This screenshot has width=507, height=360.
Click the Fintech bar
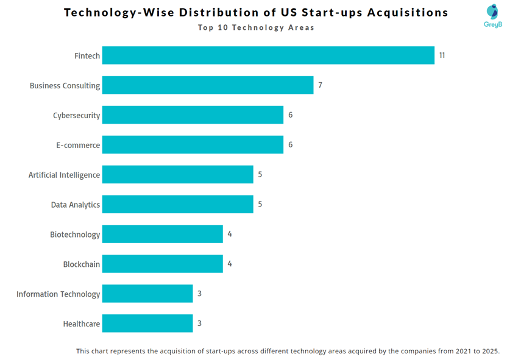point(268,55)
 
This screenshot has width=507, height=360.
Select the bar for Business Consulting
point(208,85)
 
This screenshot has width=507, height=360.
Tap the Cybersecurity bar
point(193,115)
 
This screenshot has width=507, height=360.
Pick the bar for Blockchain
point(162,264)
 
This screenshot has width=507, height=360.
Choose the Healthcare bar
point(147,323)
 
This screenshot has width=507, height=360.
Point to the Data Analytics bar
point(177,205)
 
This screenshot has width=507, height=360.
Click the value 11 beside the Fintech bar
point(442,55)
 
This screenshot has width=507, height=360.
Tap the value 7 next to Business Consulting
point(320,85)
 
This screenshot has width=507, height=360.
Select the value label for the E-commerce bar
point(290,145)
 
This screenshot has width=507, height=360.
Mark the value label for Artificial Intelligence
point(260,174)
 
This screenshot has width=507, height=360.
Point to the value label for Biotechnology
point(230,234)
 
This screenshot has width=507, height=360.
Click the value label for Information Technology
point(199,294)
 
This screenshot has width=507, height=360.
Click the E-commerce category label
point(77,145)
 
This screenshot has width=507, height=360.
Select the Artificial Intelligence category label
point(64,175)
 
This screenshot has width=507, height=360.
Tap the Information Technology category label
point(58,294)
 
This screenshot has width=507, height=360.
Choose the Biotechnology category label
point(75,235)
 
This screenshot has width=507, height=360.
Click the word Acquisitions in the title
point(402,13)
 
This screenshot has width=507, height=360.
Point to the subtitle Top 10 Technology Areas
point(256,28)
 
